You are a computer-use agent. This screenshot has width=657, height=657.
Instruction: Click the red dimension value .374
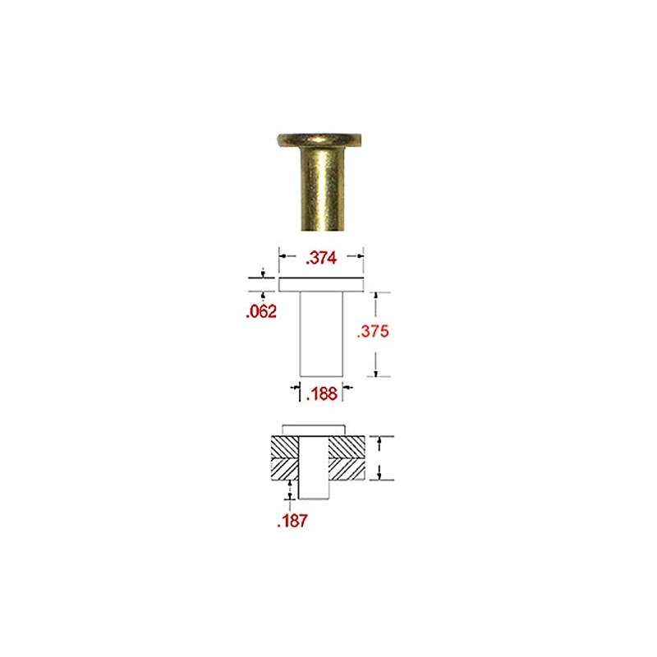tap(321, 258)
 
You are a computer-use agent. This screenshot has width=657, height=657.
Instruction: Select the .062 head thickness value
tap(260, 311)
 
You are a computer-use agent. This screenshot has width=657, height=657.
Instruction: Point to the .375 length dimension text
tap(373, 332)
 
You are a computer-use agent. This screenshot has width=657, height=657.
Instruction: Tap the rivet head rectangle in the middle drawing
tap(320, 285)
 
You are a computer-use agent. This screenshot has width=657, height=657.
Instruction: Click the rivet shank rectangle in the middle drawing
tap(320, 333)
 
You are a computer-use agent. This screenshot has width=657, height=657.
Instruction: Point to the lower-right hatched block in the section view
tap(347, 469)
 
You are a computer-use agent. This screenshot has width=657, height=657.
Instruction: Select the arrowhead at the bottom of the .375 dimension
tap(376, 374)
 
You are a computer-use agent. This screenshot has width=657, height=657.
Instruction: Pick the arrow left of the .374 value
tap(284, 257)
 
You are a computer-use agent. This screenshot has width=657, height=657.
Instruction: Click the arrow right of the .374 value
tap(358, 257)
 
